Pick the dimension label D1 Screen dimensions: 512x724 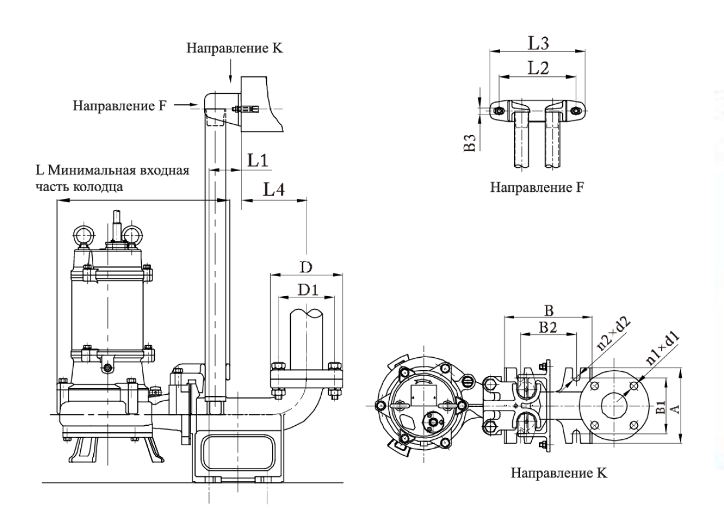click(x=305, y=290)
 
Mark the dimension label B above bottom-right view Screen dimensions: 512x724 click(x=548, y=309)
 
